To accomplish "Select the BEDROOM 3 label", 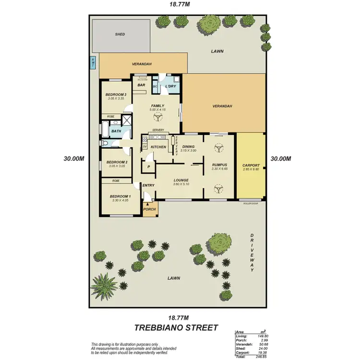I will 116,95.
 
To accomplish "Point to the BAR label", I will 142,85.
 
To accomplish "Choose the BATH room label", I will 116,131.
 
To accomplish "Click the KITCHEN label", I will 158,147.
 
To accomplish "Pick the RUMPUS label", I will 219,165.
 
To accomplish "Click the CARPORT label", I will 251,165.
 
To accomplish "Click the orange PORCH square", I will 150,209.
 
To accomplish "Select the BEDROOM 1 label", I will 119,196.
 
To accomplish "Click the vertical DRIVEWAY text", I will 251,253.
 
